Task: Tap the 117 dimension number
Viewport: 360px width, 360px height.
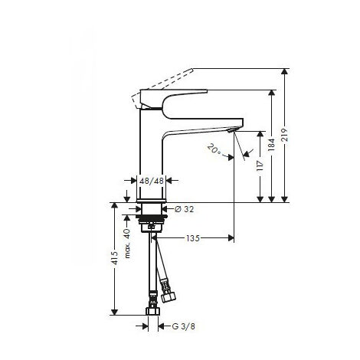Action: pos(261,166)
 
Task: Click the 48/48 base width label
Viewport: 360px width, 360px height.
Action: pos(151,181)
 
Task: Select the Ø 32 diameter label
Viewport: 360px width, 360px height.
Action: pos(181,208)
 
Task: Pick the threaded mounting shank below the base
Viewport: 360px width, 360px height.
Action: pos(152,223)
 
